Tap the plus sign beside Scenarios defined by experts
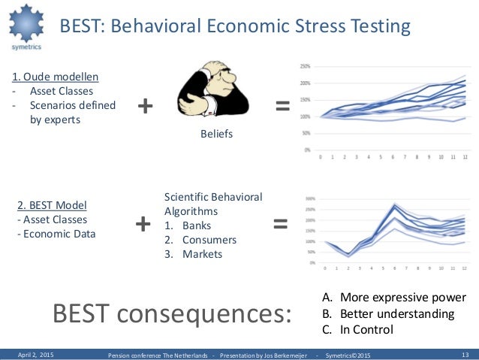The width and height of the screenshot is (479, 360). (145, 107)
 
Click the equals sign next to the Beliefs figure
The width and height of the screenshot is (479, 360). (283, 107)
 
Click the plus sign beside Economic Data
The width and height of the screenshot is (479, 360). (142, 223)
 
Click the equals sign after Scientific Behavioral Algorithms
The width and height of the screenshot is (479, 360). (280, 223)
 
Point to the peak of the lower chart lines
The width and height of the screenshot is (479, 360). (395, 204)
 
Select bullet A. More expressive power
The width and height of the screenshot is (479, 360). (393, 296)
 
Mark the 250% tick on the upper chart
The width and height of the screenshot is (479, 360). (305, 66)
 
